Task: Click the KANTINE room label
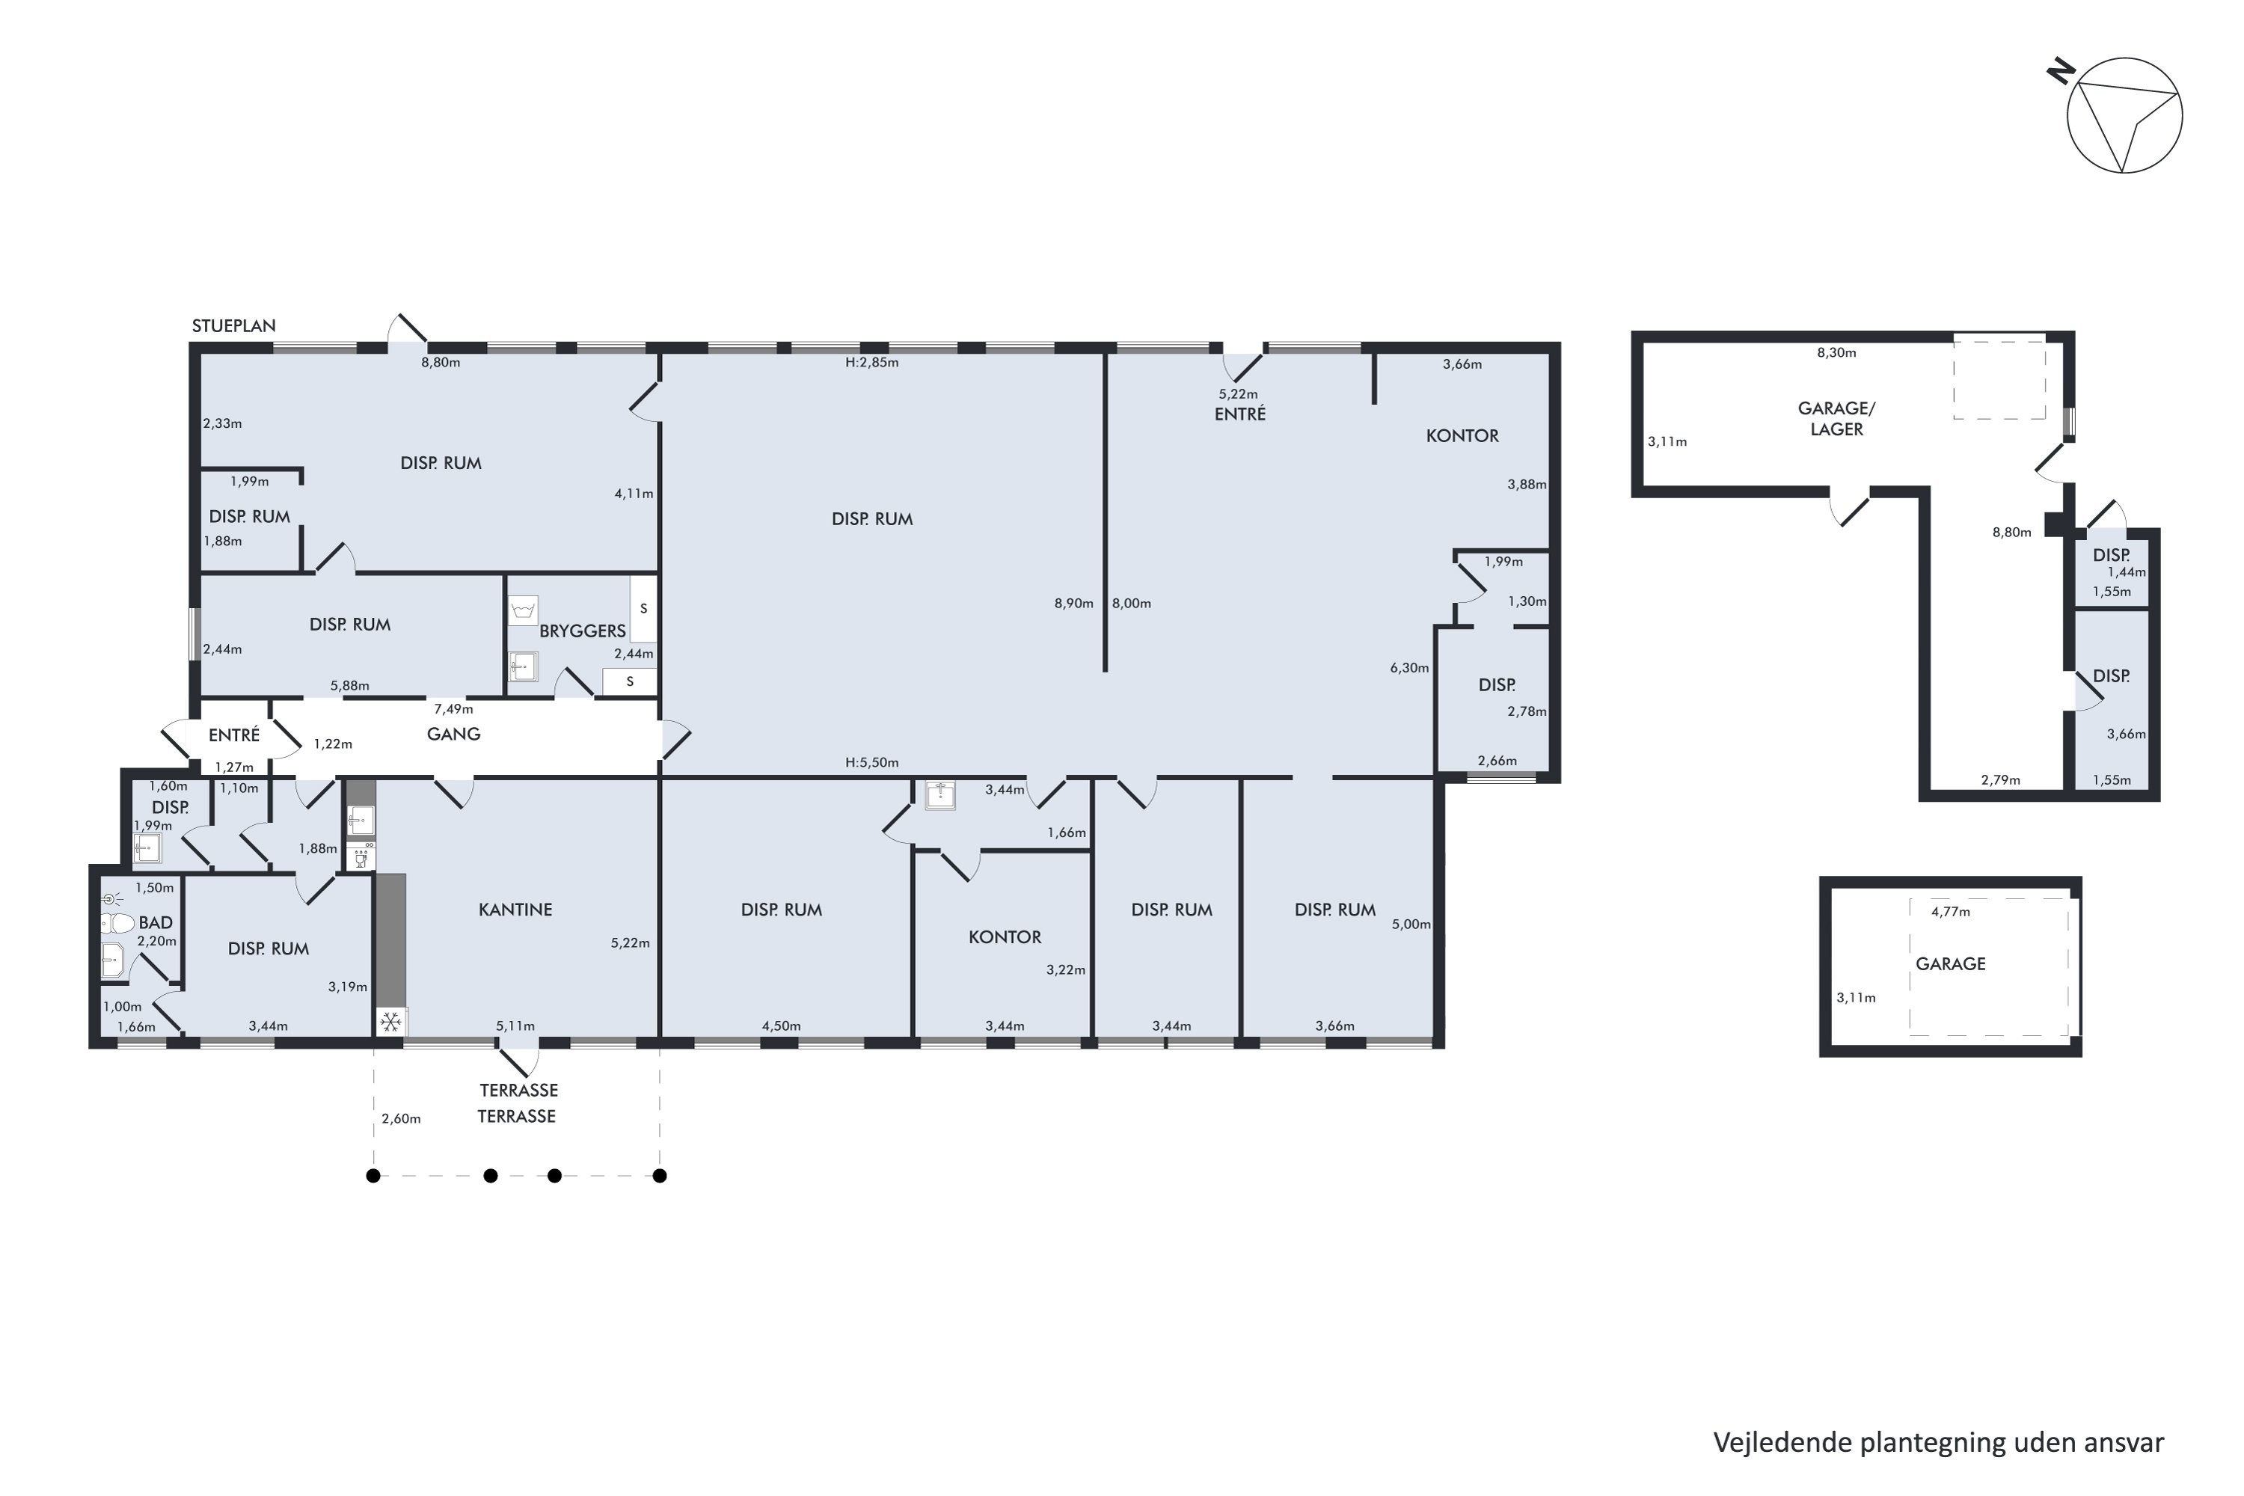[x=515, y=910]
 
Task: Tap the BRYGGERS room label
[x=582, y=631]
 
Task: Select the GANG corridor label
[x=453, y=734]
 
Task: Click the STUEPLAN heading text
[x=233, y=325]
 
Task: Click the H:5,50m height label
[x=872, y=762]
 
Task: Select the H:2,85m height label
[x=872, y=363]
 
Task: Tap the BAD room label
[x=156, y=922]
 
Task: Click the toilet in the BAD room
[x=117, y=922]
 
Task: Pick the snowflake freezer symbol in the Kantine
[x=390, y=1023]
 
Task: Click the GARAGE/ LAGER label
[x=1836, y=419]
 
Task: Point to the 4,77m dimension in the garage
[x=1950, y=911]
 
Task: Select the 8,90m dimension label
[x=1073, y=603]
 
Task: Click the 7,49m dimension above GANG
[x=453, y=709]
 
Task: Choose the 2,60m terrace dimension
[x=401, y=1118]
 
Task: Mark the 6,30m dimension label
[x=1409, y=668]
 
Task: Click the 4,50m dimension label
[x=782, y=1026]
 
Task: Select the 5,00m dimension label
[x=1411, y=924]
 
